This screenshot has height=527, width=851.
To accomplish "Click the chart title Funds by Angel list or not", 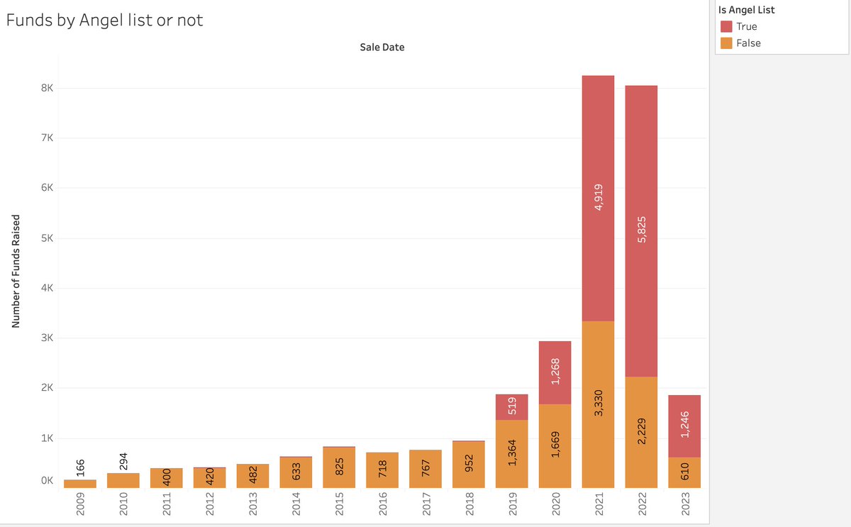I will [x=105, y=21].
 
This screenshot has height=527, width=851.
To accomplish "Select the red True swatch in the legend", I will [x=726, y=26].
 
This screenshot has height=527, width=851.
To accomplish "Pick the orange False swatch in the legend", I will [x=726, y=43].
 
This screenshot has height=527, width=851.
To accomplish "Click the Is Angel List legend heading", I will [x=752, y=10].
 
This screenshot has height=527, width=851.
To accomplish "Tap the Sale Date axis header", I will [x=382, y=48].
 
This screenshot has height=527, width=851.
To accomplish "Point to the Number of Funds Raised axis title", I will [x=14, y=271].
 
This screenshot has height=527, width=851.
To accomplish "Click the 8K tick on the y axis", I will [x=46, y=89].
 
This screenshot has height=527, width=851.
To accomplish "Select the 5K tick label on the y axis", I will [x=46, y=238].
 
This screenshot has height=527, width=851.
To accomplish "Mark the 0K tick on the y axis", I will [x=46, y=481].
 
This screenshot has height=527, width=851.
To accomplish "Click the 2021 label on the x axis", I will [x=598, y=506].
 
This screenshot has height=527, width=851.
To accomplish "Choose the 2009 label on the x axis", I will [x=80, y=506].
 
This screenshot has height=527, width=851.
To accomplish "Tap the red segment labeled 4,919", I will [x=598, y=198].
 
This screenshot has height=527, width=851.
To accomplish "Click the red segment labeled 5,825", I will [x=641, y=231].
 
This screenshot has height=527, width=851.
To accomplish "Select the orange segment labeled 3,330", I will [x=598, y=404].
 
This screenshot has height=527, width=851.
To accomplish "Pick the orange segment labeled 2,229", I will [x=641, y=432].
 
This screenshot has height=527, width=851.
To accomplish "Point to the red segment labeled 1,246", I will [x=684, y=426].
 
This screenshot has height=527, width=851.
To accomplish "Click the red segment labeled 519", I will [x=512, y=407].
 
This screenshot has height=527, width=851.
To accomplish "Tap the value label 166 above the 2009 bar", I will [x=80, y=468].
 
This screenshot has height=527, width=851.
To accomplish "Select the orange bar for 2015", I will [x=339, y=467].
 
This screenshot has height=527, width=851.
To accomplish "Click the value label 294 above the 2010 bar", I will [x=123, y=461].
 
